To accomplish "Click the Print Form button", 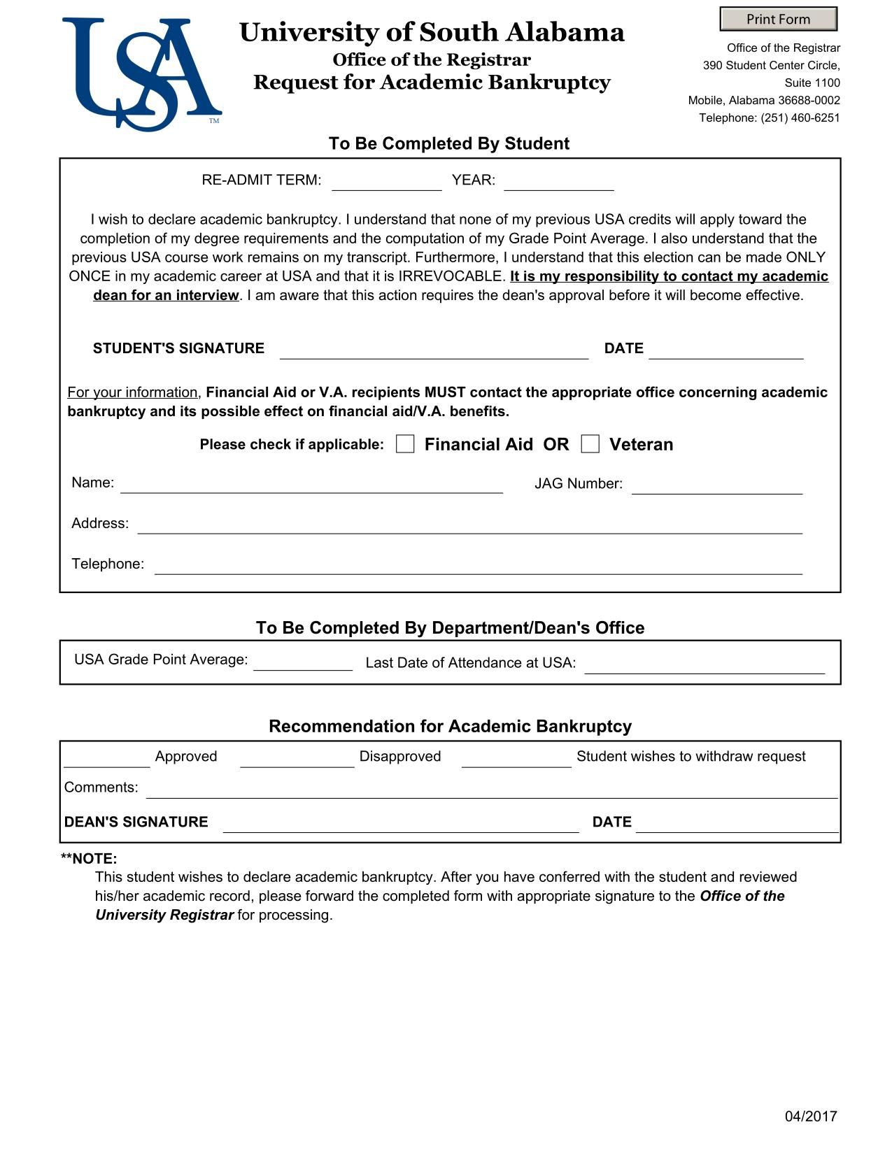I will click(778, 19).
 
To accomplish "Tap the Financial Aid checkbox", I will click(405, 444).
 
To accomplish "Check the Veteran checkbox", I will click(590, 444).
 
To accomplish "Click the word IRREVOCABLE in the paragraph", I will click(451, 276).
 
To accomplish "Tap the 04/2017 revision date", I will click(810, 1116).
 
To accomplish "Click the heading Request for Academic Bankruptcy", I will click(432, 83).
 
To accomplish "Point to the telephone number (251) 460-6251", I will click(800, 117).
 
